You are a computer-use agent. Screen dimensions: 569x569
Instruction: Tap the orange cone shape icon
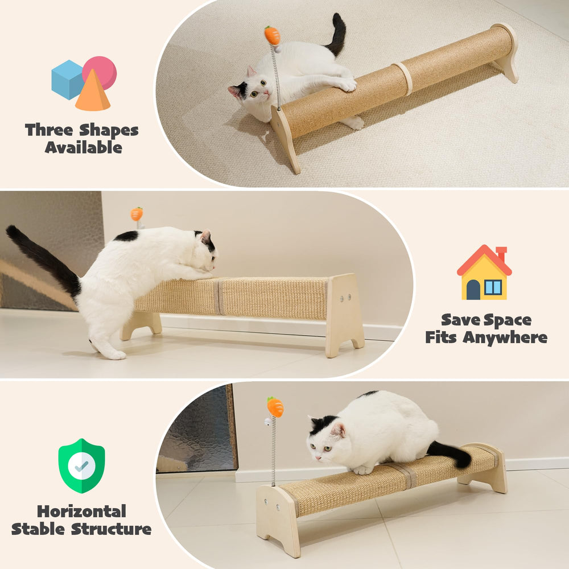pyautogui.click(x=92, y=93)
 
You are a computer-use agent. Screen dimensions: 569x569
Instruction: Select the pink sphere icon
pyautogui.click(x=101, y=71)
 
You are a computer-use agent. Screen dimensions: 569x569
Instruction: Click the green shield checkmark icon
pyautogui.click(x=81, y=465)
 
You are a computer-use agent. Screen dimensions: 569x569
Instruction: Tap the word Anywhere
pyautogui.click(x=505, y=338)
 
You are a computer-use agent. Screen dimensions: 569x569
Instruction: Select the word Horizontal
pyautogui.click(x=81, y=510)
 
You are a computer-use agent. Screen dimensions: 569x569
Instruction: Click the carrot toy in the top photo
pyautogui.click(x=273, y=35)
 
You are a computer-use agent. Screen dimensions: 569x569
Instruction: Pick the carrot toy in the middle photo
pyautogui.click(x=137, y=214)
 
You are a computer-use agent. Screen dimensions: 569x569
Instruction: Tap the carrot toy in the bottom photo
pyautogui.click(x=275, y=407)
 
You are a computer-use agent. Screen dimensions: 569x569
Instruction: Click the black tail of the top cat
pyautogui.click(x=337, y=34)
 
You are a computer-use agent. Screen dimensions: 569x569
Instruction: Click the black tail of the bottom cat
pyautogui.click(x=450, y=452)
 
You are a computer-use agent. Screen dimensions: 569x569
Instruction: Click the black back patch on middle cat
pyautogui.click(x=126, y=236)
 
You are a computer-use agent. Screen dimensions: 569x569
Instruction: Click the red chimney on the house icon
pyautogui.click(x=501, y=253)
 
